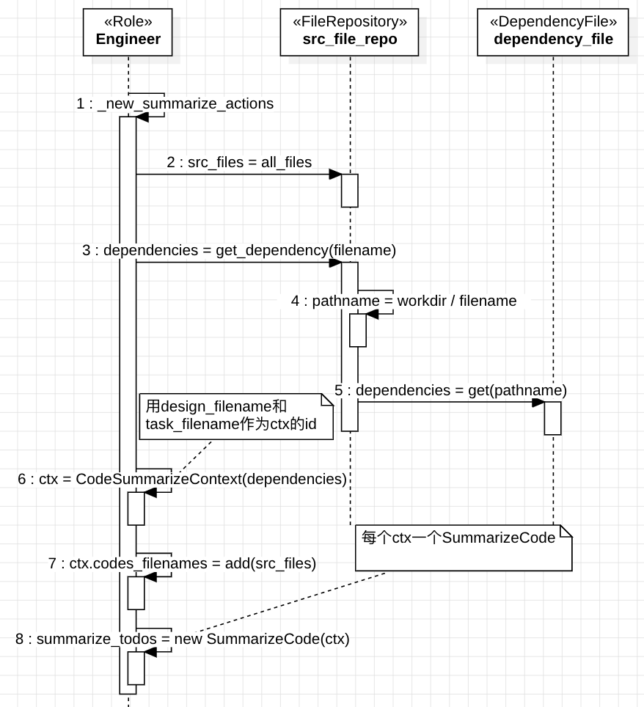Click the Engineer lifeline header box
[128, 32]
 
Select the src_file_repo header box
[349, 32]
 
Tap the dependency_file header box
[553, 32]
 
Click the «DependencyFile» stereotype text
[553, 22]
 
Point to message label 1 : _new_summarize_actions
[175, 103]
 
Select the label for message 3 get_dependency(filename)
[239, 250]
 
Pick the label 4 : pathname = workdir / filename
[403, 301]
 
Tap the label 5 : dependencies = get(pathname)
[450, 390]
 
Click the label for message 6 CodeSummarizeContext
[182, 479]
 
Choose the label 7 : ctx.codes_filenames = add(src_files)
[182, 563]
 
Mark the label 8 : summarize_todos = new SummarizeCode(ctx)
[182, 639]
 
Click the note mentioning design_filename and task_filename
[235, 416]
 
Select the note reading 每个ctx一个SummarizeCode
[463, 547]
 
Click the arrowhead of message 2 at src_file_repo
[336, 175]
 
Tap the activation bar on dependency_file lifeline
[552, 418]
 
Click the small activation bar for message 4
[357, 330]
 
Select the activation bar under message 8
[136, 668]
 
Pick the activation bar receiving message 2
[349, 191]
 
